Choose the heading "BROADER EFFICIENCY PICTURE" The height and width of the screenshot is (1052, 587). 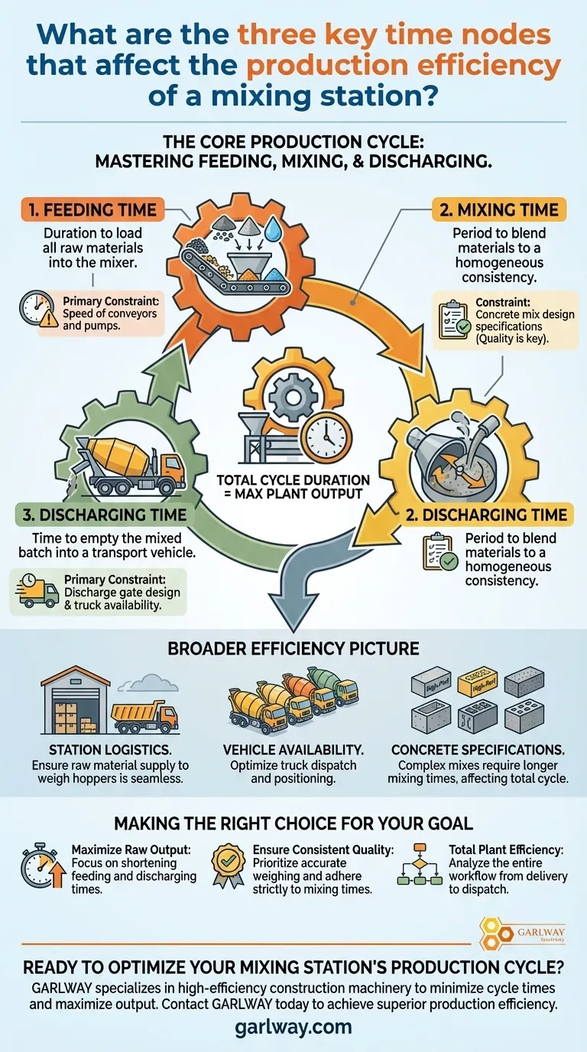pos(293,648)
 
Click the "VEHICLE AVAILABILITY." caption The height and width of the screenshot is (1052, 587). pos(293,750)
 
